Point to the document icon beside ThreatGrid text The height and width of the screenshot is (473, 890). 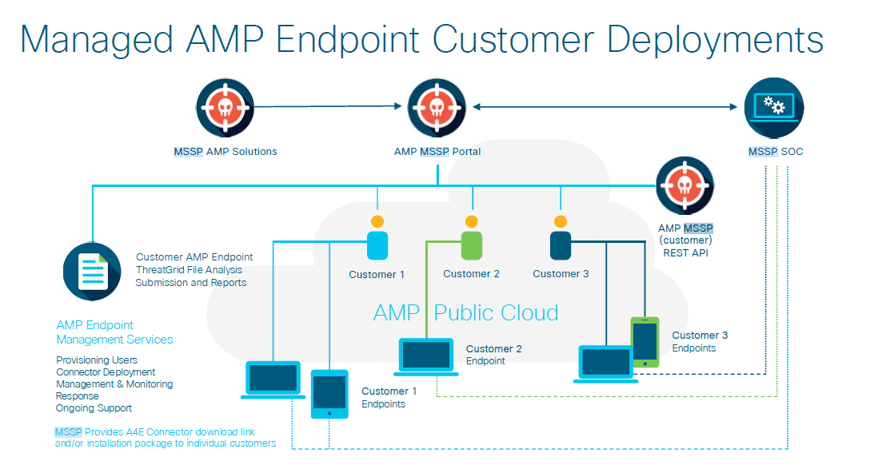coord(93,272)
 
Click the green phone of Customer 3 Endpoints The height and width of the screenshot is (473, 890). coord(645,342)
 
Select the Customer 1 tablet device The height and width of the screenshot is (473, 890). coord(329,393)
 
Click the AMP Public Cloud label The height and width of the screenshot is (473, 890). coord(465,312)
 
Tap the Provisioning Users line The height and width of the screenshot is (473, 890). coord(97,360)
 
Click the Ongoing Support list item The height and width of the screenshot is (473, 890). coord(94,408)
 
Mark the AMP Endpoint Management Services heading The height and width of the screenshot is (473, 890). coord(114,332)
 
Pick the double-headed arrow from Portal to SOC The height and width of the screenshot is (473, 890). coord(605,106)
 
